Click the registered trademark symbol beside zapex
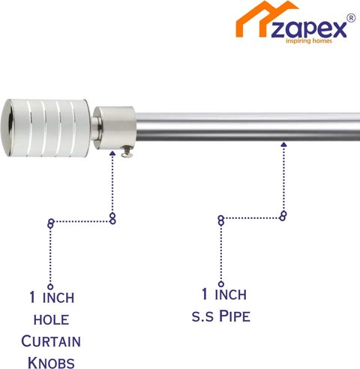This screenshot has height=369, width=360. tap(351, 18)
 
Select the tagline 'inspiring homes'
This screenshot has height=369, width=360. tap(309, 40)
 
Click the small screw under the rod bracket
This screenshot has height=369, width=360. tap(127, 152)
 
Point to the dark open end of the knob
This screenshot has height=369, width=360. tap(10, 127)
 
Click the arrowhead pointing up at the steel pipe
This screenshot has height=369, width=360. tap(283, 144)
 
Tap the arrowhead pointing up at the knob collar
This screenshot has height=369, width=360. tap(112, 153)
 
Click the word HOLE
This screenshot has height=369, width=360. tap(51, 320)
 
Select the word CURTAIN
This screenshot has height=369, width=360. tap(51, 341)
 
